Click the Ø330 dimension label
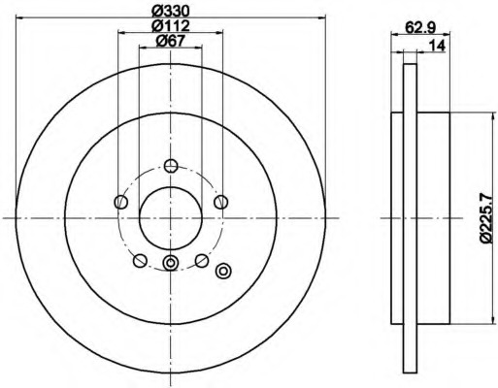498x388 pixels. click(x=171, y=12)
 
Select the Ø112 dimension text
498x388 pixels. click(x=171, y=25)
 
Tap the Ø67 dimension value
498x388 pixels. click(x=170, y=41)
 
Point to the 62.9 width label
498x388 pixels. click(x=420, y=28)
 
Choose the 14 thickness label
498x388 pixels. click(x=437, y=46)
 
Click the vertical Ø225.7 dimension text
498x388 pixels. click(x=488, y=218)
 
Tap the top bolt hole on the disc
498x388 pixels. click(x=171, y=166)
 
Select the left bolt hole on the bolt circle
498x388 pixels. click(x=121, y=202)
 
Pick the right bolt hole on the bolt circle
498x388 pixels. click(x=221, y=202)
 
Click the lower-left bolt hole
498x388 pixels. click(x=140, y=261)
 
